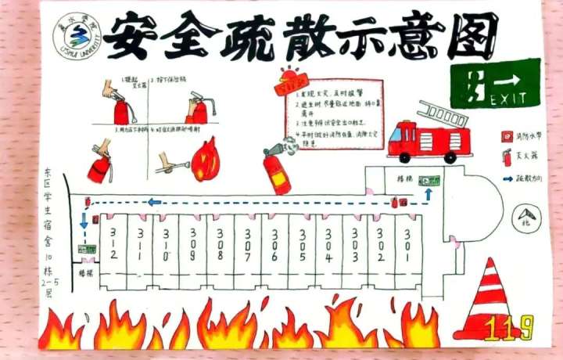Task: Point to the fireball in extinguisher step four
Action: point(206,159)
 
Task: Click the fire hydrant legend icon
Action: point(506,135)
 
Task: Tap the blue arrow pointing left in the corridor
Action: point(155,202)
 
